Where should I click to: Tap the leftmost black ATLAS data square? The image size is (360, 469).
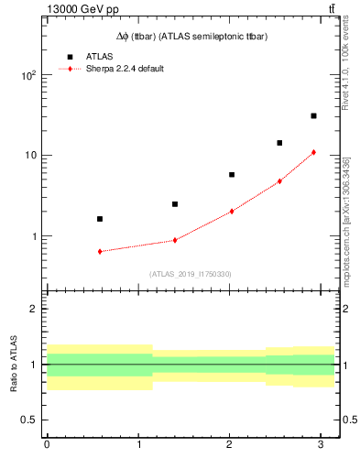[100, 219]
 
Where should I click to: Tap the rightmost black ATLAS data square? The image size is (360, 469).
[313, 115]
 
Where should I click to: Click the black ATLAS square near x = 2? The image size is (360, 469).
[232, 174]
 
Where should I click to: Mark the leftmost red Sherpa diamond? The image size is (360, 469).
[100, 251]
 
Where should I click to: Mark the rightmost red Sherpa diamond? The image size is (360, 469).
[313, 152]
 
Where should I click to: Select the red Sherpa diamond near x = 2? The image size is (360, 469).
[232, 211]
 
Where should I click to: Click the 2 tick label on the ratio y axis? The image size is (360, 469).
[35, 309]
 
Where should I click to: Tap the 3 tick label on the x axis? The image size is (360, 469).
[320, 444]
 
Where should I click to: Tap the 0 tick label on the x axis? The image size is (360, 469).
[47, 444]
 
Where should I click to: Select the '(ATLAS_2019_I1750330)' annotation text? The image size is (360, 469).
[191, 273]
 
